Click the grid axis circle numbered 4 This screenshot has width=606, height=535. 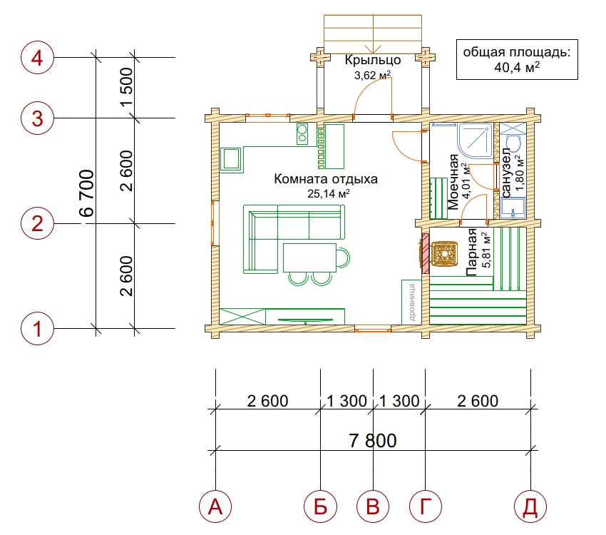[x=37, y=58]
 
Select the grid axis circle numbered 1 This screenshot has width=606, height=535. [x=37, y=329]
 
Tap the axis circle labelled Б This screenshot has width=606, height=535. [x=320, y=506]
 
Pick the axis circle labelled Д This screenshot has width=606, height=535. [x=530, y=506]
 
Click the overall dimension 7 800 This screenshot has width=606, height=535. [x=373, y=441]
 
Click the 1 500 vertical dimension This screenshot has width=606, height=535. [x=126, y=87]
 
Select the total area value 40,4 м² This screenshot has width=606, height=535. [x=517, y=67]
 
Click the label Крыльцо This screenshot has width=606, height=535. [x=373, y=60]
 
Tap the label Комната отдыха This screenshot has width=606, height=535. [x=326, y=179]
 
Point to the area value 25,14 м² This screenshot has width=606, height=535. [x=329, y=193]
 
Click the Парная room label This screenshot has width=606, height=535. [x=471, y=252]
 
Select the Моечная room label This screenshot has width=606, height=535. [x=453, y=182]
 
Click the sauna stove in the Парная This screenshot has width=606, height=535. [x=444, y=254]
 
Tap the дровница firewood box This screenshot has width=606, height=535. [x=411, y=302]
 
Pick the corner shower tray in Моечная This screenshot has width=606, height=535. [x=475, y=141]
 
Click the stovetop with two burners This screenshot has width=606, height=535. [x=302, y=134]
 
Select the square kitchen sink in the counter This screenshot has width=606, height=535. [x=232, y=159]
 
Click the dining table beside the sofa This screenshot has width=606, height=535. [x=309, y=258]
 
